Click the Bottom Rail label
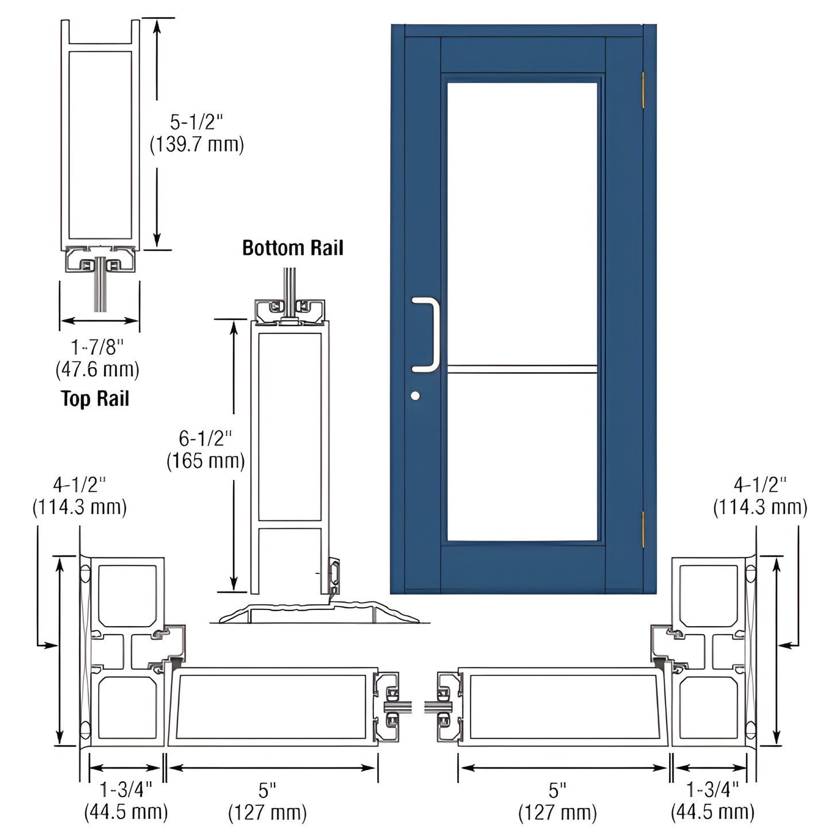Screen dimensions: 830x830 292,248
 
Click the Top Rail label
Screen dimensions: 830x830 95,399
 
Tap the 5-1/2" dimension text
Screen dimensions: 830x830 196,122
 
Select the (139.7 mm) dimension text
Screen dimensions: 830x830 196,144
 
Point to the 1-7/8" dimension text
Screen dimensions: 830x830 97,347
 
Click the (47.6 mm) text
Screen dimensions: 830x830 97,369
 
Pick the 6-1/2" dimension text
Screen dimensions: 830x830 205,439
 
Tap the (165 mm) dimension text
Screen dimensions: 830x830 205,461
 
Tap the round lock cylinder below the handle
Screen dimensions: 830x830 415,396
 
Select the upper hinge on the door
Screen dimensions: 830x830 643,90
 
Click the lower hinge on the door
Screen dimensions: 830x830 643,529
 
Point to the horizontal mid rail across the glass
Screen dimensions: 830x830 522,369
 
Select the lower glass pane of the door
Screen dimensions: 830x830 522,457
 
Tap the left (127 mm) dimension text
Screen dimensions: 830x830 267,813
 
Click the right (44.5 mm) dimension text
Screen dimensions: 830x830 712,812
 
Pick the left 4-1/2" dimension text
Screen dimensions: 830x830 79,485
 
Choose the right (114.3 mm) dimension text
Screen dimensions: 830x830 760,507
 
